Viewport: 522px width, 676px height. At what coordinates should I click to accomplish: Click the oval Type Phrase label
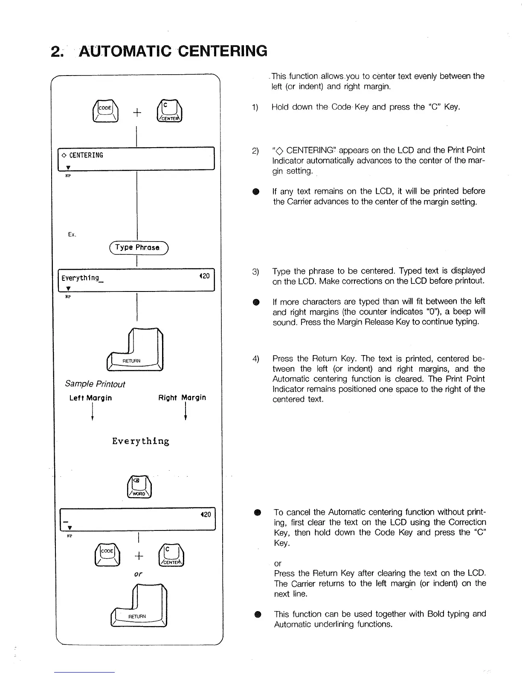tap(138, 248)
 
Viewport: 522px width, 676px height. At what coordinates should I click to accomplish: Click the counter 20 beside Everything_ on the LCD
tap(205, 276)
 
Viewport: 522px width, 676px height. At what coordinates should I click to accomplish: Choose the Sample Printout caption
tap(95, 384)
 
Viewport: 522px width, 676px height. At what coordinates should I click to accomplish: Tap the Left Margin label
tap(90, 398)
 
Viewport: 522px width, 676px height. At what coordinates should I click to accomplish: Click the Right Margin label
tap(182, 398)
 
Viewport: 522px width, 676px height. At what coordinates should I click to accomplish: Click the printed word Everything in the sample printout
tap(141, 441)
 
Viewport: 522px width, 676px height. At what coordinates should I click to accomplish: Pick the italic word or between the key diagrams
tap(138, 574)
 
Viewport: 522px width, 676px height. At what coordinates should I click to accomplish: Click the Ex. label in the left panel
tap(72, 234)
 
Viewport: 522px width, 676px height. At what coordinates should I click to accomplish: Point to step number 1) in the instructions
tap(255, 108)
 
